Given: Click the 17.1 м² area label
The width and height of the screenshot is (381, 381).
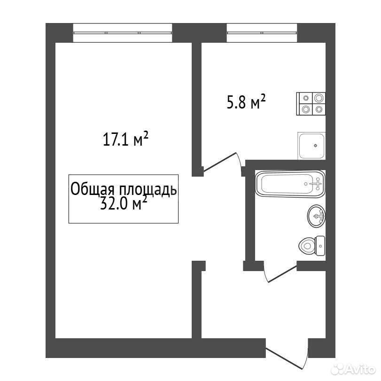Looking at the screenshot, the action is pos(125,139).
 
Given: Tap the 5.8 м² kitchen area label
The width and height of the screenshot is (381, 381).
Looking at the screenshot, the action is pos(246,101).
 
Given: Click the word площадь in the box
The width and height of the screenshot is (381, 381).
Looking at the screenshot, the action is pos(148,190).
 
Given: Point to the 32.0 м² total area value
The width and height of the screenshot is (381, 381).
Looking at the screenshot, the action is pos(124,203).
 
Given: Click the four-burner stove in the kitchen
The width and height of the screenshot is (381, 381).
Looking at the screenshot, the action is pos(311,104).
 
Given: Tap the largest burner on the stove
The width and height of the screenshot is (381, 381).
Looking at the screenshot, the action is pos(319,98).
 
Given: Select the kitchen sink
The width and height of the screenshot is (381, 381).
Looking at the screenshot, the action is pos(311,146).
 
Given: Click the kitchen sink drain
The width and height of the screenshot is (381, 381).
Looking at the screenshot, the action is pos(315,146).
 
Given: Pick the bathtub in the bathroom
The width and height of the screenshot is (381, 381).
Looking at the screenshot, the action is pos(290,184).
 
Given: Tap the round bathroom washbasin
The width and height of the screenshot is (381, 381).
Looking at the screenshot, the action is pos(316,216).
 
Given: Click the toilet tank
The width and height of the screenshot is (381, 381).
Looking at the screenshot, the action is pos(320,246).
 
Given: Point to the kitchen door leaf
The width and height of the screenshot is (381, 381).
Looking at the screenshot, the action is pos(220,162).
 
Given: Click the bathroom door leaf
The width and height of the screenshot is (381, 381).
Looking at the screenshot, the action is pos(282,274).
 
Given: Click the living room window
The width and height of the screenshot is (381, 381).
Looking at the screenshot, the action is pos(123,32).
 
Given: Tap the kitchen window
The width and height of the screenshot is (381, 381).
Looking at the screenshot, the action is pos(262,32).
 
